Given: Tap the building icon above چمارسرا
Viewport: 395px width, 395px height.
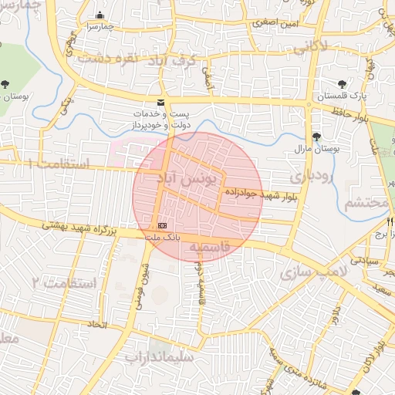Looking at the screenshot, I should pyautogui.click(x=99, y=15).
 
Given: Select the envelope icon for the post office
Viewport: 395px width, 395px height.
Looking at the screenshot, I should pyautogui.click(x=160, y=103).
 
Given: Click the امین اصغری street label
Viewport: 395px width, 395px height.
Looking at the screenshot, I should pyautogui.click(x=274, y=24).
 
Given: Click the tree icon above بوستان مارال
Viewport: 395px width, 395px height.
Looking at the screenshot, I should pyautogui.click(x=316, y=136).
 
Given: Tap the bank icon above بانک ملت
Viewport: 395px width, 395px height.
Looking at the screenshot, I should pyautogui.click(x=162, y=225).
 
